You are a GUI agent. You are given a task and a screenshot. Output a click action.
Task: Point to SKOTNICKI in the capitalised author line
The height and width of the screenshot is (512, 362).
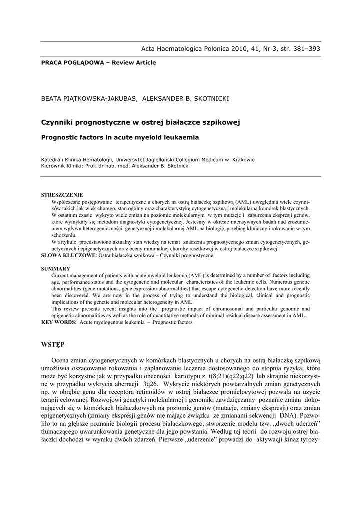coord(207,98)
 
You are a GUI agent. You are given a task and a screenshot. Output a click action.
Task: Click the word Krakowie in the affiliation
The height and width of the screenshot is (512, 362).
coord(243,160)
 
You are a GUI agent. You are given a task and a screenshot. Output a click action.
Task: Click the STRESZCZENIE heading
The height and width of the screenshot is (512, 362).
coord(62,195)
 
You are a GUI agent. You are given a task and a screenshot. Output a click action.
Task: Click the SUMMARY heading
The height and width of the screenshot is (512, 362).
coord(55,269)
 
